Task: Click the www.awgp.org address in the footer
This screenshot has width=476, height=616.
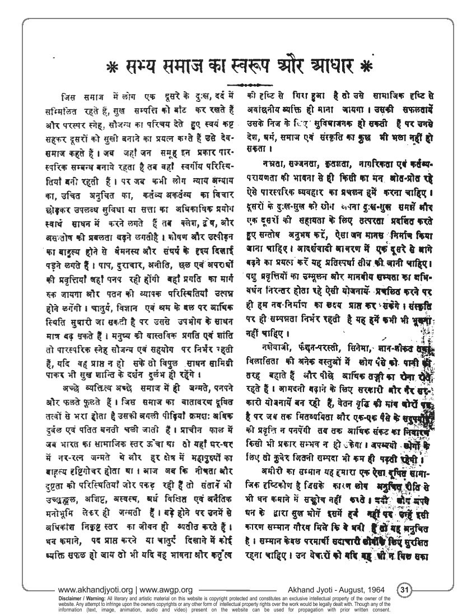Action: coord(166,590)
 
